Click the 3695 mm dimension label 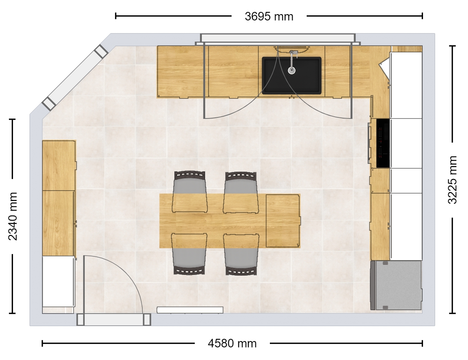[x=269, y=17]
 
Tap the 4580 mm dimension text [x=232, y=343]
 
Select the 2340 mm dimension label [x=13, y=216]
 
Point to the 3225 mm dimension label [x=452, y=180]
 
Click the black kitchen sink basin [x=291, y=75]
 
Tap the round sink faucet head [x=292, y=70]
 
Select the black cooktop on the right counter [x=383, y=143]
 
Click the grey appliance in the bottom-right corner [x=396, y=285]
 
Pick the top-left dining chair [x=190, y=191]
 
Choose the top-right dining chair [x=241, y=192]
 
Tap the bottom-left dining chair [x=189, y=254]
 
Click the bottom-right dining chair [x=241, y=254]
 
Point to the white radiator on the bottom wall [x=190, y=310]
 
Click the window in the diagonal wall [x=75, y=78]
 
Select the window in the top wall [x=278, y=40]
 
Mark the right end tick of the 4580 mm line [x=422, y=343]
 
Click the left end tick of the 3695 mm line [x=116, y=16]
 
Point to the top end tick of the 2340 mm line [x=12, y=119]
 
